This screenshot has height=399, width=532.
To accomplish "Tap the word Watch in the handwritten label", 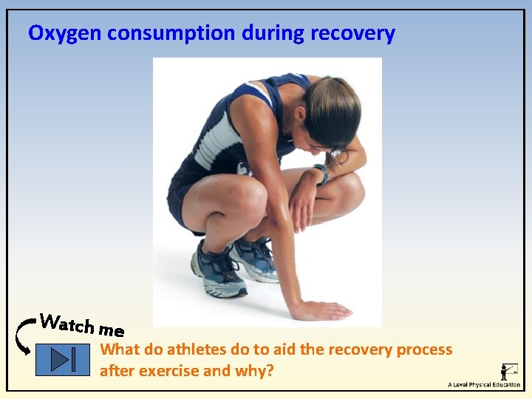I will click(66, 324).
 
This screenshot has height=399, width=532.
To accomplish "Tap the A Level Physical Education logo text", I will click(483, 385).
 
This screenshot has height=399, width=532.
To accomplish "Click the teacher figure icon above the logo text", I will click(509, 370).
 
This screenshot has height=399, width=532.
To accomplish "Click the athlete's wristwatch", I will click(321, 174).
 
